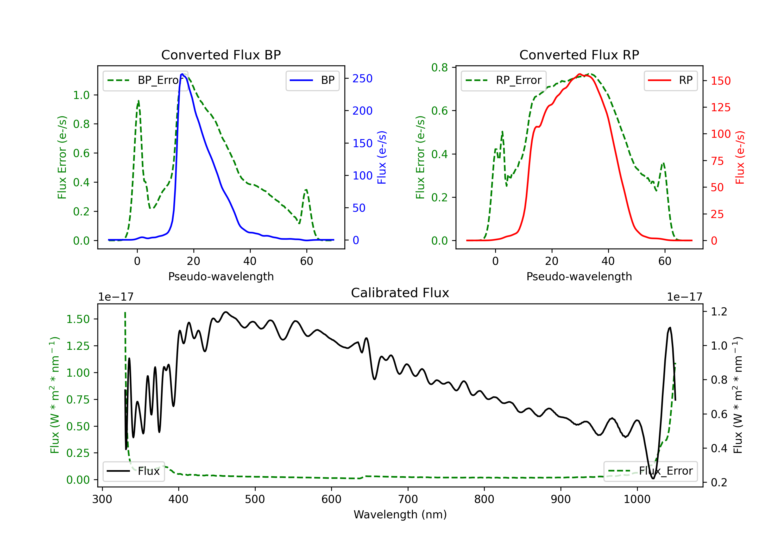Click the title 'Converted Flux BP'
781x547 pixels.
tap(221, 55)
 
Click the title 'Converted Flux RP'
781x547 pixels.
tap(579, 55)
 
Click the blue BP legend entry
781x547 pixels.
tap(312, 80)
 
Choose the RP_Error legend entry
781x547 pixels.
tap(503, 80)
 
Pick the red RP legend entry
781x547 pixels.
tap(670, 80)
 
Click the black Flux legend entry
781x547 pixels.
tap(133, 471)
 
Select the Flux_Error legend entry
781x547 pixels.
tap(650, 471)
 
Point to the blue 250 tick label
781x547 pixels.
tap(362, 79)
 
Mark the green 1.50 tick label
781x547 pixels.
tap(78, 319)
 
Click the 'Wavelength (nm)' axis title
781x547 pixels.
tap(400, 514)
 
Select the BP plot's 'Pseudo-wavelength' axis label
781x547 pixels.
tap(221, 276)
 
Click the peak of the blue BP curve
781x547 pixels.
tap(182, 74)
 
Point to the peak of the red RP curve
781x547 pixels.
tap(579, 74)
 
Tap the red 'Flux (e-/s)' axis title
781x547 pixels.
tap(740, 157)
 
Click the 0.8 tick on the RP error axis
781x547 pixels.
tap(439, 68)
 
